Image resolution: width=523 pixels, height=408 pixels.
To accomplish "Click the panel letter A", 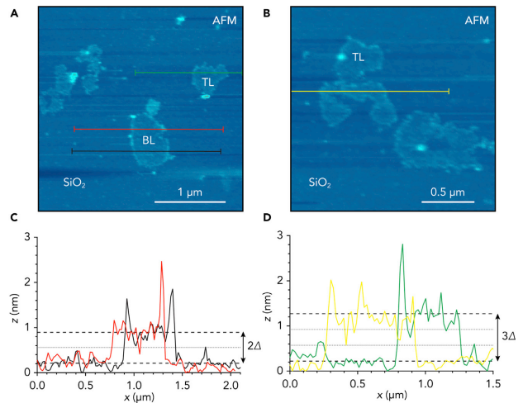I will pos(13,12).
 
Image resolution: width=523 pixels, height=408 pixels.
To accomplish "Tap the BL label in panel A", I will pos(149,140).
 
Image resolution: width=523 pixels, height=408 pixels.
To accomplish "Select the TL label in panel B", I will pos(359,57).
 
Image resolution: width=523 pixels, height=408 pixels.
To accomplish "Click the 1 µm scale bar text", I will pos(193,192).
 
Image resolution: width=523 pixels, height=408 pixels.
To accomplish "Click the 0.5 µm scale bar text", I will pos(447,192).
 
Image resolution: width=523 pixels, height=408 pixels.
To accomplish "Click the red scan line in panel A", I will pos(149,129).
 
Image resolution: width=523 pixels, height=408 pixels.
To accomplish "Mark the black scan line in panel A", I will pos(146,151).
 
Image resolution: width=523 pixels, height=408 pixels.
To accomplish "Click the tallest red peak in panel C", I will pos(161,262).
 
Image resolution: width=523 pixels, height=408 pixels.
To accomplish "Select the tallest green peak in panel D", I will pos(402,244).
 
